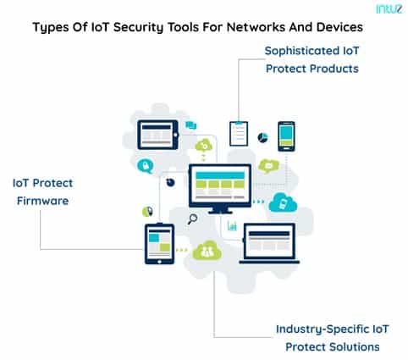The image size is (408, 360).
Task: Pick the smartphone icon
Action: pyautogui.click(x=286, y=136)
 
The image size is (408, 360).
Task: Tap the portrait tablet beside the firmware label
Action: pyautogui.click(x=159, y=244)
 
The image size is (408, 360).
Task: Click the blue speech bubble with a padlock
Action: pyautogui.click(x=147, y=166)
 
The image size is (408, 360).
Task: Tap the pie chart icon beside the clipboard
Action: pyautogui.click(x=262, y=136)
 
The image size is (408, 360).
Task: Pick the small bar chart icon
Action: pyautogui.click(x=231, y=226)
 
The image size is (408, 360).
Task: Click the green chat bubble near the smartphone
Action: pyautogui.click(x=267, y=165)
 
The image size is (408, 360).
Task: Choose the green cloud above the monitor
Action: pyautogui.click(x=203, y=147)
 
